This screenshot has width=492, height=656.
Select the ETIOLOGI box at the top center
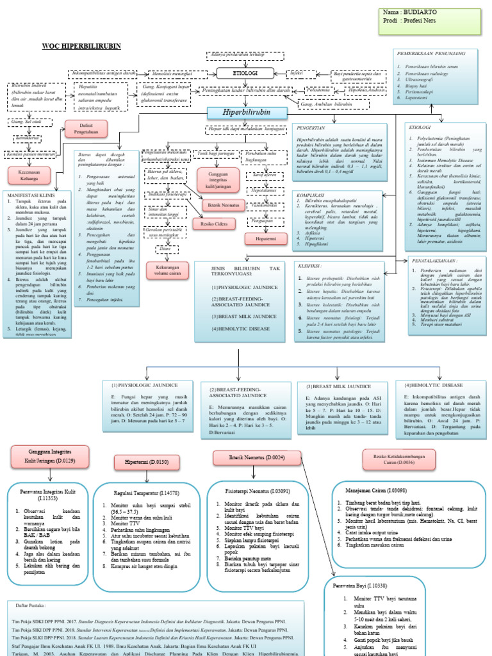tap(245, 74)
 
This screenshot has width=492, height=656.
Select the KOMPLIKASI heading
tap(313, 193)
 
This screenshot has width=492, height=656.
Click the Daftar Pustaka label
tap(29, 604)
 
